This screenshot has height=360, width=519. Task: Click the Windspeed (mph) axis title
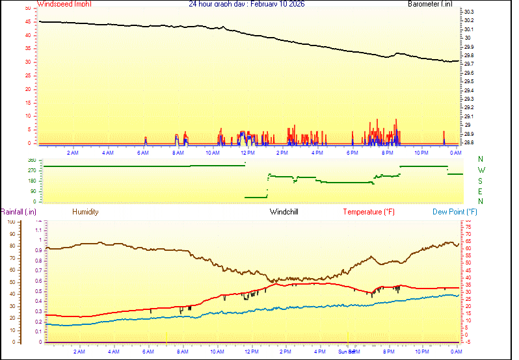(64, 4)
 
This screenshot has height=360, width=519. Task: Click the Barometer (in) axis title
(430, 4)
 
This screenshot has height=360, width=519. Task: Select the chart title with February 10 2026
(246, 4)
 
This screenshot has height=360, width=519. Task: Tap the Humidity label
(85, 212)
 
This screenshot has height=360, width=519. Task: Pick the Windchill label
(284, 212)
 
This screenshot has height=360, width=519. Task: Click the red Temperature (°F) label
(369, 212)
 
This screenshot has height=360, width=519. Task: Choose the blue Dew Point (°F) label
(455, 212)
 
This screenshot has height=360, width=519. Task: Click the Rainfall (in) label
(18, 212)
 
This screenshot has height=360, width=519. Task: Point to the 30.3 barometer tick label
(469, 12)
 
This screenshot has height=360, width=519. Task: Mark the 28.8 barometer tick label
(469, 142)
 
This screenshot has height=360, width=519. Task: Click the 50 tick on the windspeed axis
(27, 8)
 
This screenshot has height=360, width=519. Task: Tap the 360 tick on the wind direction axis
(32, 160)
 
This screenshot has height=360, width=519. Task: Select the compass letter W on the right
(481, 170)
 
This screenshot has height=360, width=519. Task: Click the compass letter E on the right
(481, 192)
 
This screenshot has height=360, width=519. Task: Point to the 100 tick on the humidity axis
(10, 222)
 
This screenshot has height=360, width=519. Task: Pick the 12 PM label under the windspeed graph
(247, 153)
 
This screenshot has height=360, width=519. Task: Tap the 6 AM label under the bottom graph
(149, 352)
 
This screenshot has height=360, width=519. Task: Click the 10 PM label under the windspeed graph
(422, 153)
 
